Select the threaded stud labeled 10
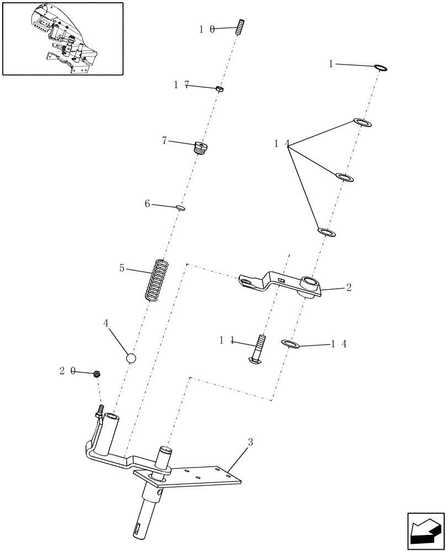tap(241, 26)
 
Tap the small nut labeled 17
tap(220, 88)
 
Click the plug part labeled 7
tap(200, 148)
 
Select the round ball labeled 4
tap(131, 358)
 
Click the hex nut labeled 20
tap(96, 374)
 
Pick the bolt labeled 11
tap(259, 349)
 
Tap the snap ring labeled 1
tap(381, 68)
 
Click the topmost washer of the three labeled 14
tap(362, 122)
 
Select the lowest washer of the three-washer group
tap(326, 232)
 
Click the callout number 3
tap(250, 442)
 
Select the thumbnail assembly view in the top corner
tap(62, 38)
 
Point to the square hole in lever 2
tap(281, 280)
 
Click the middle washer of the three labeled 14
tap(345, 177)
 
